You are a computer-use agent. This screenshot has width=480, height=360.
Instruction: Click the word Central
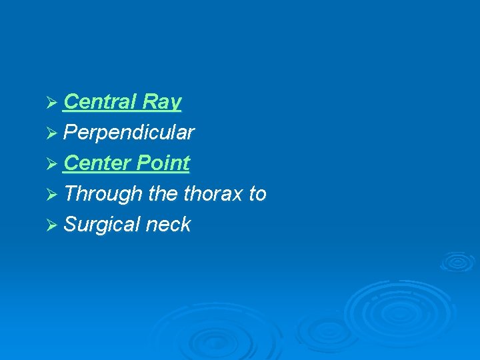(x=99, y=102)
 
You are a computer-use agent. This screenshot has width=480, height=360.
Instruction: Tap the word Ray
(x=161, y=102)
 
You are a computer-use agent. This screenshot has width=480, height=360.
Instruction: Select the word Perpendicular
(x=129, y=133)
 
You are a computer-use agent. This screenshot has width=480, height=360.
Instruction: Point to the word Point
(x=163, y=163)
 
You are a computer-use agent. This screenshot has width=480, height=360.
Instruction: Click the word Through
(x=103, y=194)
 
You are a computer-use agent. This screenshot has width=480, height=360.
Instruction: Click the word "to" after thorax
(x=257, y=194)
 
